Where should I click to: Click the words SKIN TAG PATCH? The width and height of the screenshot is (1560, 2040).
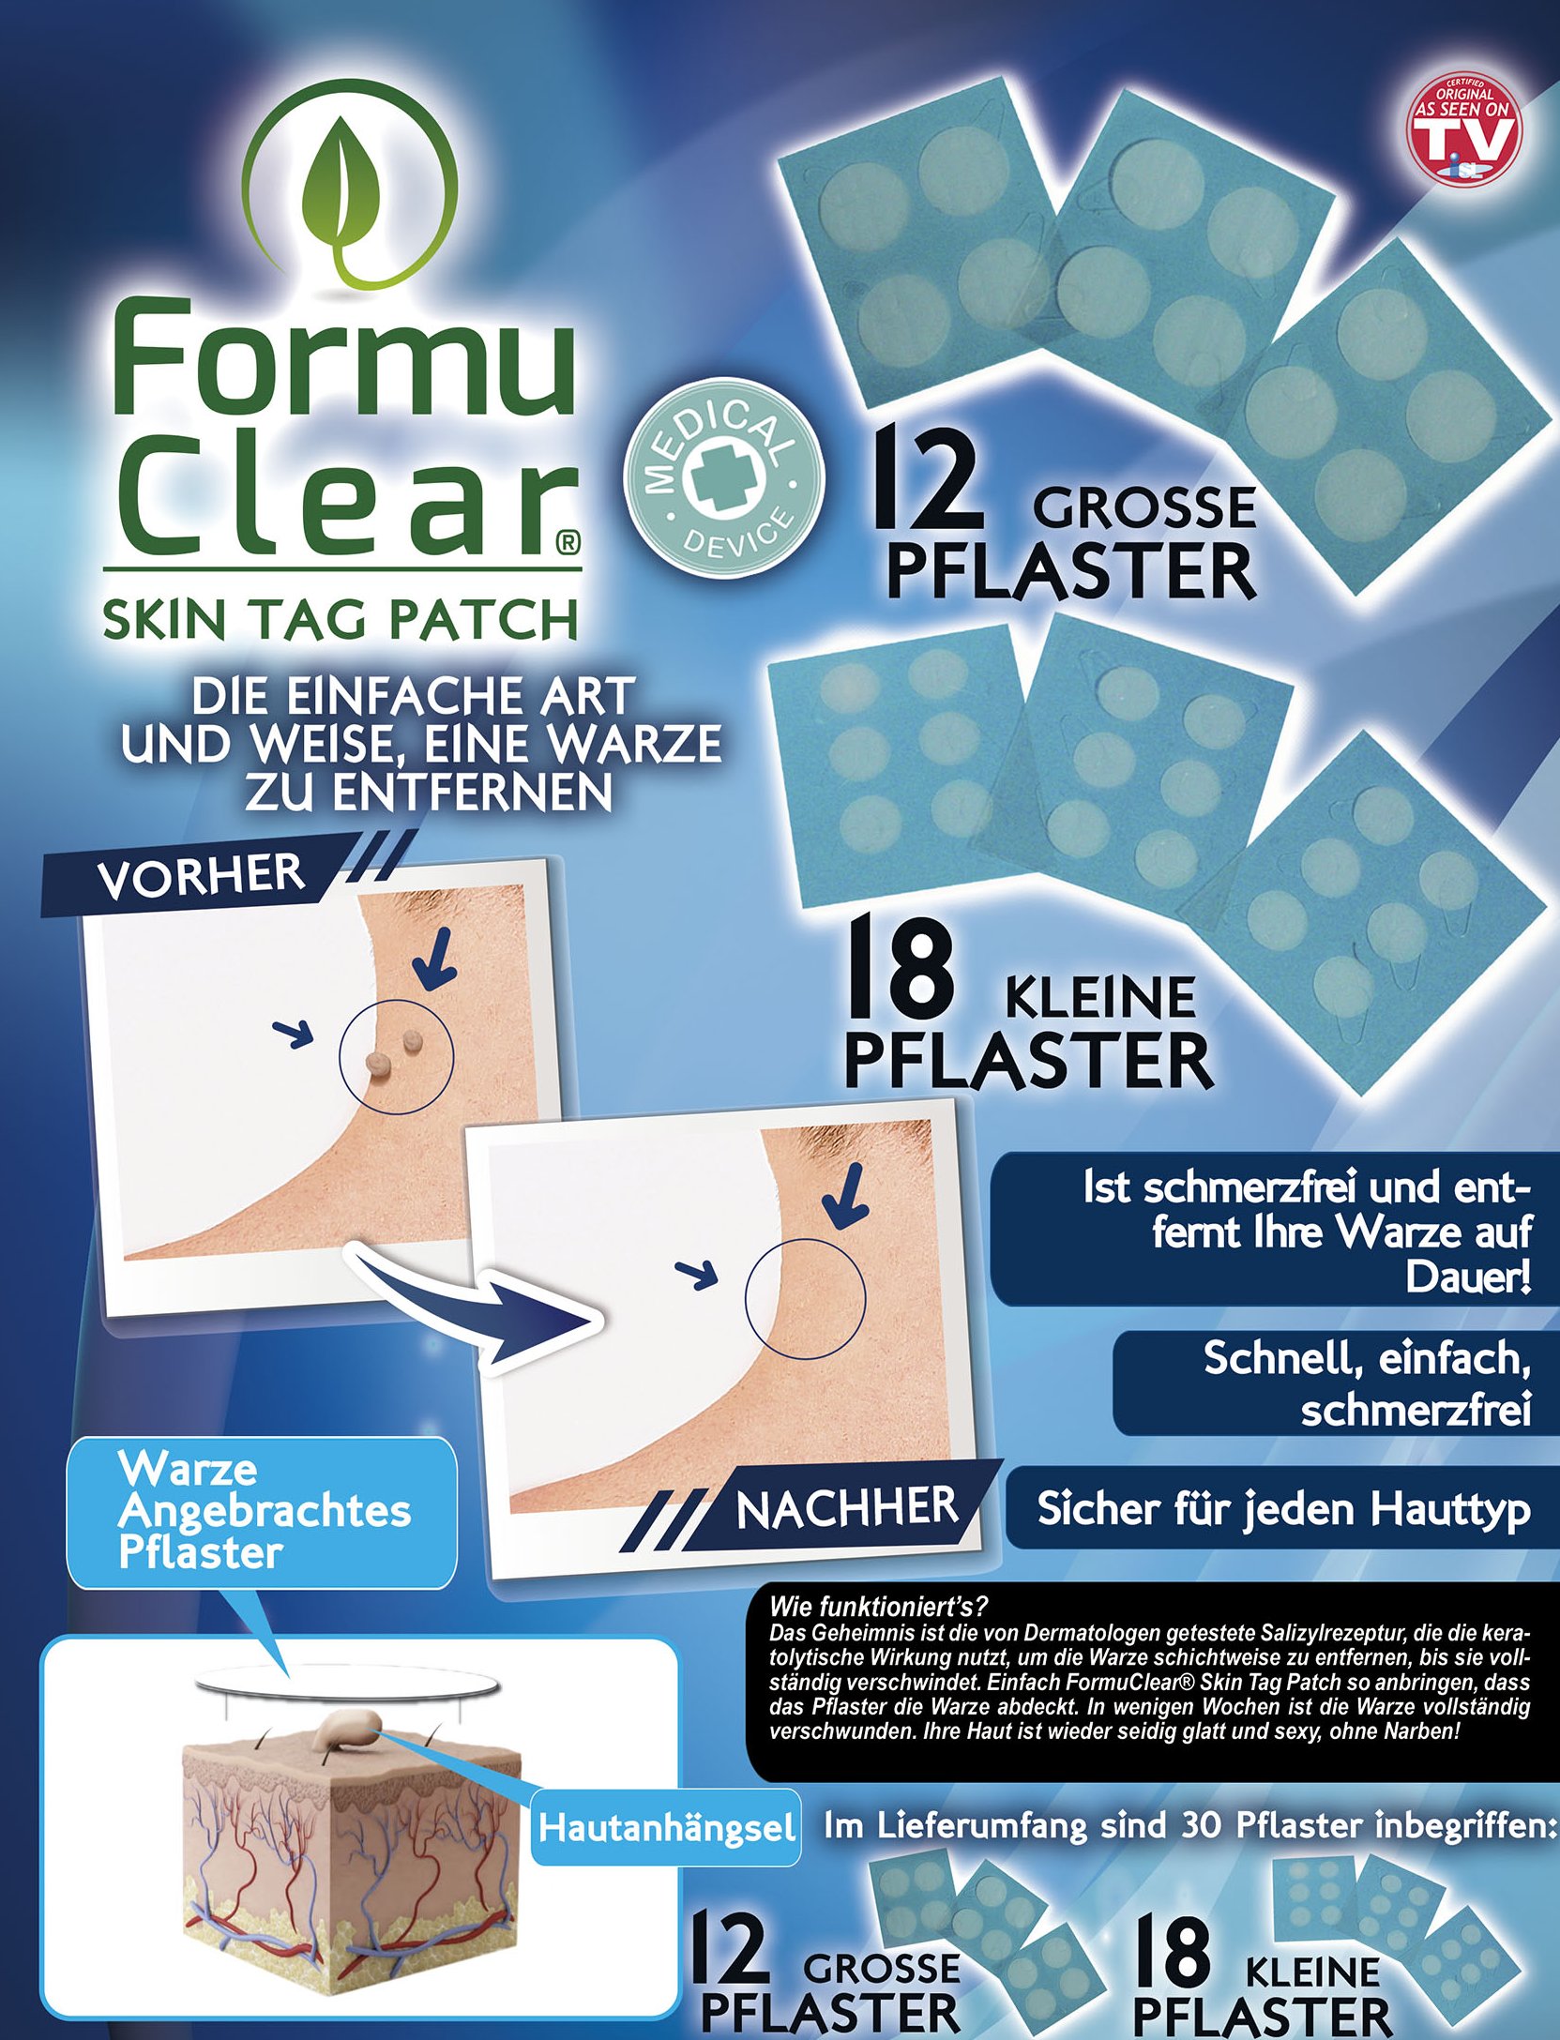pyautogui.click(x=340, y=619)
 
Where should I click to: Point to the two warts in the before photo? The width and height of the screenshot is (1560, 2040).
pyautogui.click(x=395, y=1051)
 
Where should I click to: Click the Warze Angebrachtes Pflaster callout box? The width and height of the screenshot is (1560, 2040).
pyautogui.click(x=262, y=1512)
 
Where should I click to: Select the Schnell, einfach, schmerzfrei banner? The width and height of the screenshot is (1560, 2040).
pyautogui.click(x=1336, y=1383)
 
